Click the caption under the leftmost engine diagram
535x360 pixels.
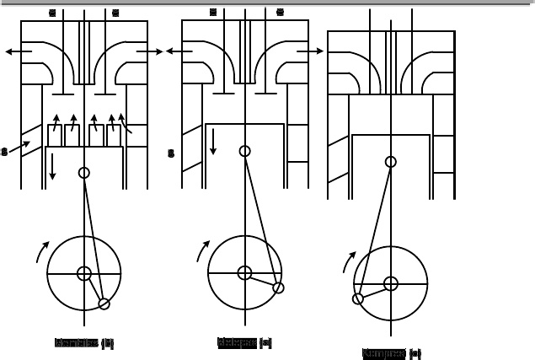84,344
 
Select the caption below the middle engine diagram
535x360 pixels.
244,343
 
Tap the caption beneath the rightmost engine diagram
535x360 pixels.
392,353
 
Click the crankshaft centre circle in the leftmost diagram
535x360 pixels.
84,273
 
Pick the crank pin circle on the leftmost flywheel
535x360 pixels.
104,304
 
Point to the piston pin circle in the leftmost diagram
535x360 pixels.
84,173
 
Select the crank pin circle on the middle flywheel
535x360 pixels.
278,287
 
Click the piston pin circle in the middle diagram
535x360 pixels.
244,152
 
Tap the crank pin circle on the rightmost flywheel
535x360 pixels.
358,298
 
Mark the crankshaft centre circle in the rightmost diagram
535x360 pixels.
391,283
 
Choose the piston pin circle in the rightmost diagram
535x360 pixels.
391,162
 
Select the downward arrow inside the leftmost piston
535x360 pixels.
52,165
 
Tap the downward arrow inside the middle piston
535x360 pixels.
213,141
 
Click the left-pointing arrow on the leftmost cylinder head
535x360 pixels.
18,51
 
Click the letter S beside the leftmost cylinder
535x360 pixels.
4,153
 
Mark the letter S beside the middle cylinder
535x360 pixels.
172,154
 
